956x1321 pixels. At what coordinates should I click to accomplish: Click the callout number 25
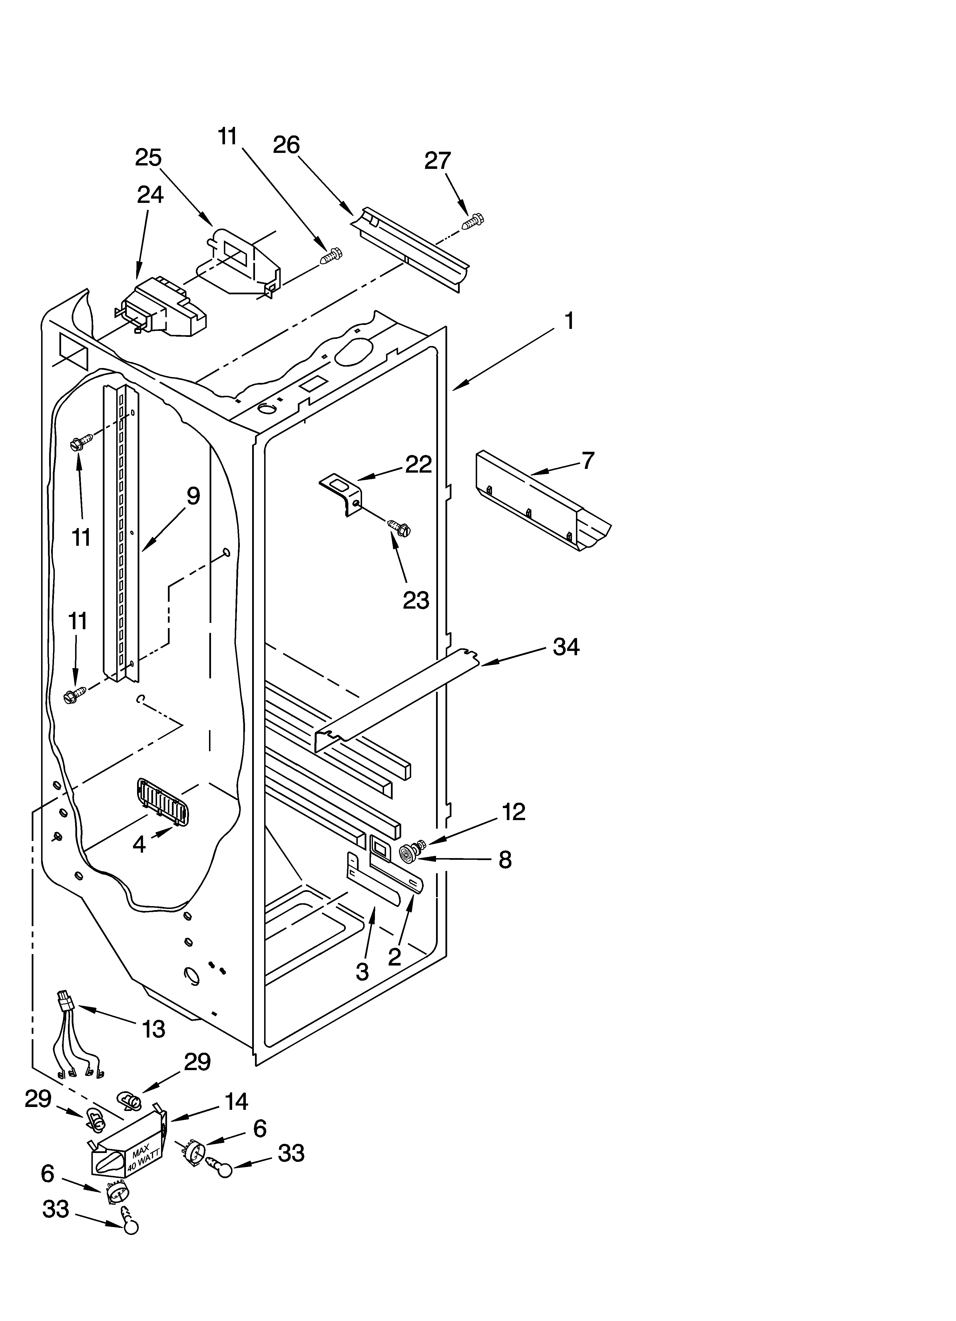click(148, 158)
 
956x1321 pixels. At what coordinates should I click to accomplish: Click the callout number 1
click(569, 320)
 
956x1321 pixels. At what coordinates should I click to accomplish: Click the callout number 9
click(193, 496)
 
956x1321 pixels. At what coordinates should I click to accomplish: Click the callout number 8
click(505, 859)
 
